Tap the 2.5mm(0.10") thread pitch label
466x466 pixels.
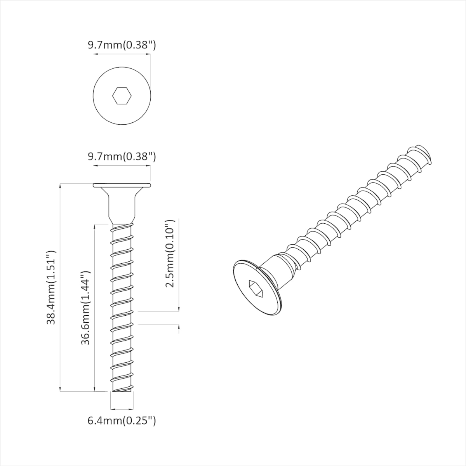click(170, 254)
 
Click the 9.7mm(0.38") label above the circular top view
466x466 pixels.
click(122, 45)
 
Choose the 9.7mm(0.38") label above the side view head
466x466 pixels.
click(122, 157)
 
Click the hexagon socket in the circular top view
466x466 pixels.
click(122, 96)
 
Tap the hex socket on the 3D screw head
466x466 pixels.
click(257, 288)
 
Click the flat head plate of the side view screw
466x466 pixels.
click(122, 185)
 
